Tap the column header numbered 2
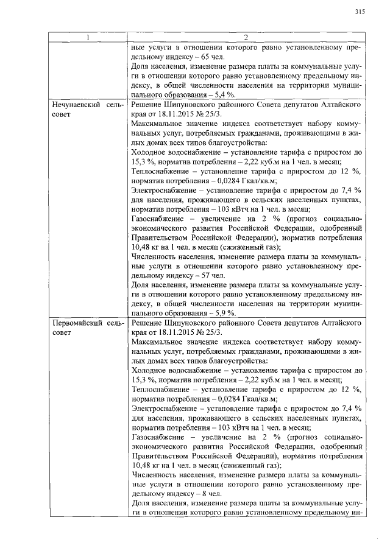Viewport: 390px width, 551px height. (x=247, y=38)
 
